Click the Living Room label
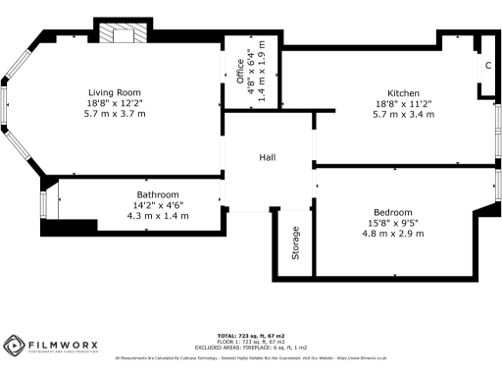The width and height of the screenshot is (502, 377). pyautogui.click(x=116, y=92)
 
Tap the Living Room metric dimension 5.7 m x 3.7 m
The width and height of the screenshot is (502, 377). pyautogui.click(x=116, y=114)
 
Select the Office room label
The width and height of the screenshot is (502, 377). pyautogui.click(x=239, y=74)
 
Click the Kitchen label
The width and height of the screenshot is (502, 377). pyautogui.click(x=403, y=92)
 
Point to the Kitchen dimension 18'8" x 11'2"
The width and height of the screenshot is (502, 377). pyautogui.click(x=403, y=103)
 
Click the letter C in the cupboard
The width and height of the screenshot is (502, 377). pyautogui.click(x=487, y=66)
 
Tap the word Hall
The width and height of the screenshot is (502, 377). pyautogui.click(x=267, y=157)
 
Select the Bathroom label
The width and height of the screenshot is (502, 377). pyautogui.click(x=157, y=194)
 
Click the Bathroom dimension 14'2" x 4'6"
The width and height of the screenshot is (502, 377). pyautogui.click(x=157, y=205)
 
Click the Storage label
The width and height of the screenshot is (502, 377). pyautogui.click(x=294, y=243)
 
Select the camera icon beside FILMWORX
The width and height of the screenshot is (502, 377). pyautogui.click(x=16, y=347)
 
